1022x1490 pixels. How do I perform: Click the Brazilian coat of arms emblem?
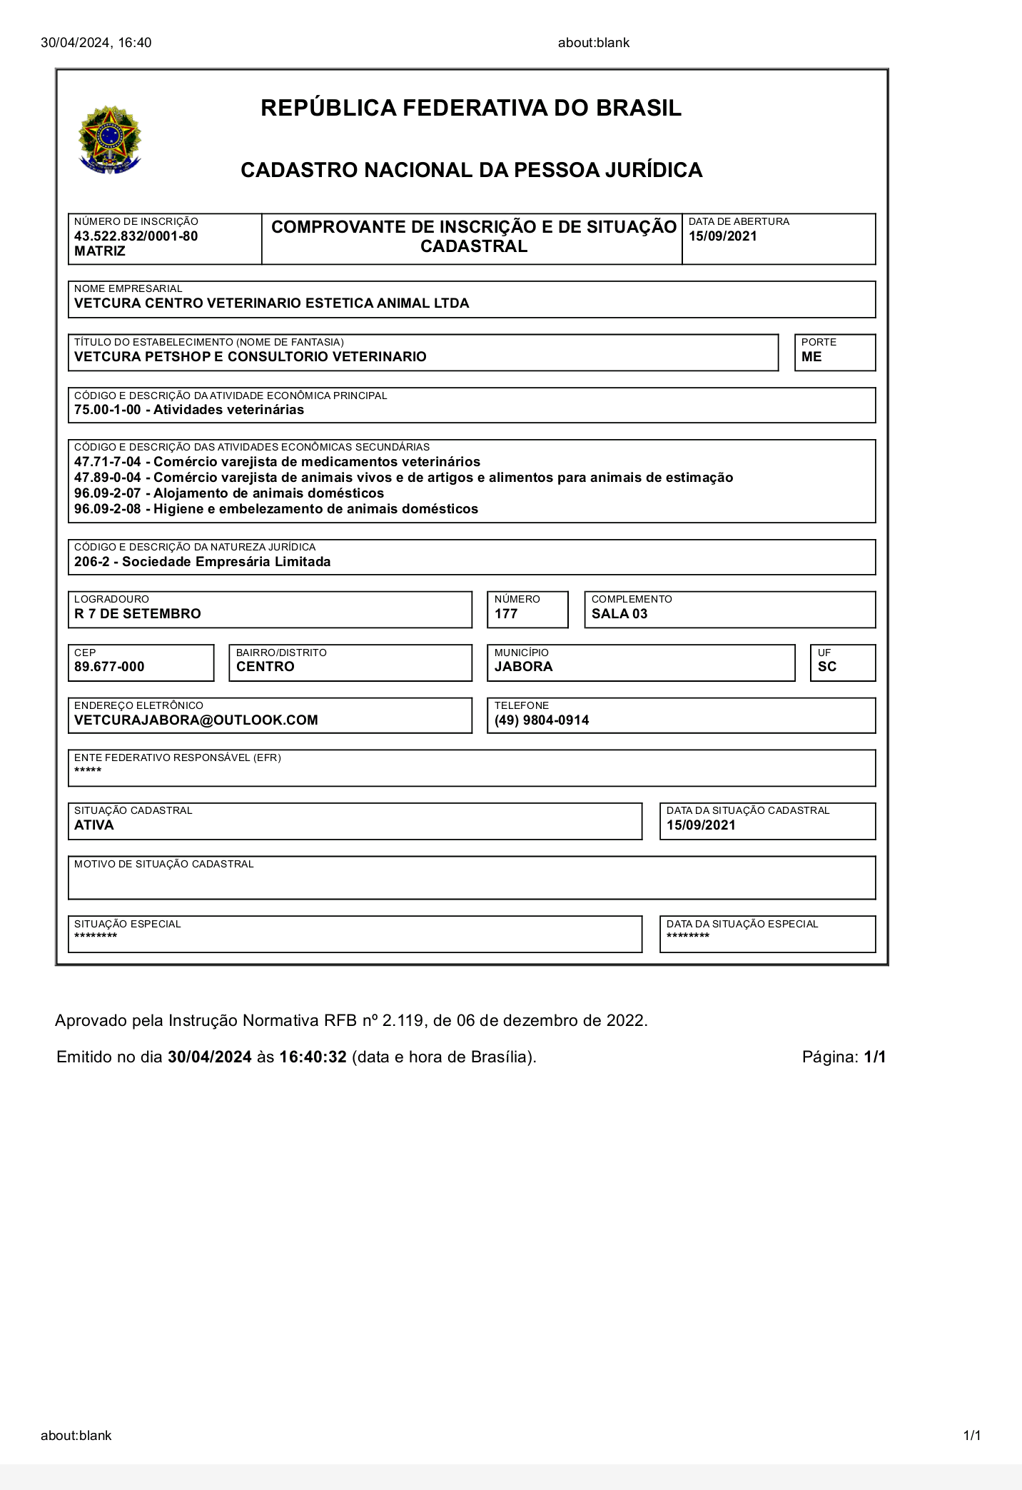coord(109,140)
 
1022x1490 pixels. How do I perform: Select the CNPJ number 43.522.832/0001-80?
coord(136,236)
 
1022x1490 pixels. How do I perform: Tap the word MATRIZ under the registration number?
coord(100,251)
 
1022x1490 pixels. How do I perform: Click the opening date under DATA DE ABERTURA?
coord(722,236)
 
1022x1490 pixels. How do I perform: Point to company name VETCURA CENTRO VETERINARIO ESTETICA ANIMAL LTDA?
coord(271,303)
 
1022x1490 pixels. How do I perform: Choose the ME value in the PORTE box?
coord(811,357)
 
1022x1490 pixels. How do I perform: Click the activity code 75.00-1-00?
coord(108,410)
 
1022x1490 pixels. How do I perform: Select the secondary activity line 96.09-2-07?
coord(228,493)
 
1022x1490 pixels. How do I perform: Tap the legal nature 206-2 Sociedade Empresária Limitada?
coord(202,562)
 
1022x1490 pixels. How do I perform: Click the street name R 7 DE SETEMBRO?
coord(138,614)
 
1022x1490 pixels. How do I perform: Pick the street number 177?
coord(506,614)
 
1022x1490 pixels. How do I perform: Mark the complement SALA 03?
coord(619,614)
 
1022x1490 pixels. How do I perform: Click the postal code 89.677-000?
coord(109,667)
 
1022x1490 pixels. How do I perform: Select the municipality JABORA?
coord(523,667)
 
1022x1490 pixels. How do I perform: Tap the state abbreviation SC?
coord(827,667)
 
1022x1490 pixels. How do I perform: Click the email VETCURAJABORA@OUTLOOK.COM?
coord(196,720)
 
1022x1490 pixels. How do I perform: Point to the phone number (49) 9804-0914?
coord(542,720)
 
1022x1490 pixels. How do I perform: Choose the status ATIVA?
coord(94,825)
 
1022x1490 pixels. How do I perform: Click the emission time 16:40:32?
coord(313,1057)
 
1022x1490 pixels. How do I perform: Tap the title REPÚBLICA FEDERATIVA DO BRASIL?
coord(471,108)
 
